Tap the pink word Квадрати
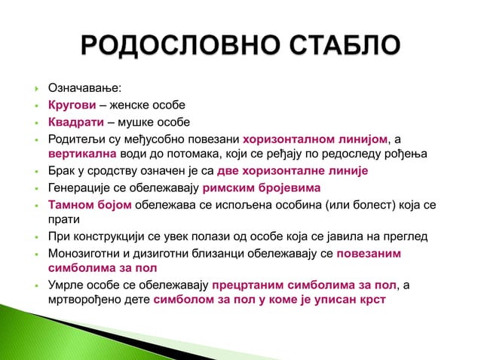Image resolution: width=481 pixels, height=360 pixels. click(75, 123)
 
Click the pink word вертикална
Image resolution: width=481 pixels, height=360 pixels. click(81, 155)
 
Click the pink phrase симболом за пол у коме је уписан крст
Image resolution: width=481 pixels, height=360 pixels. click(269, 303)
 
